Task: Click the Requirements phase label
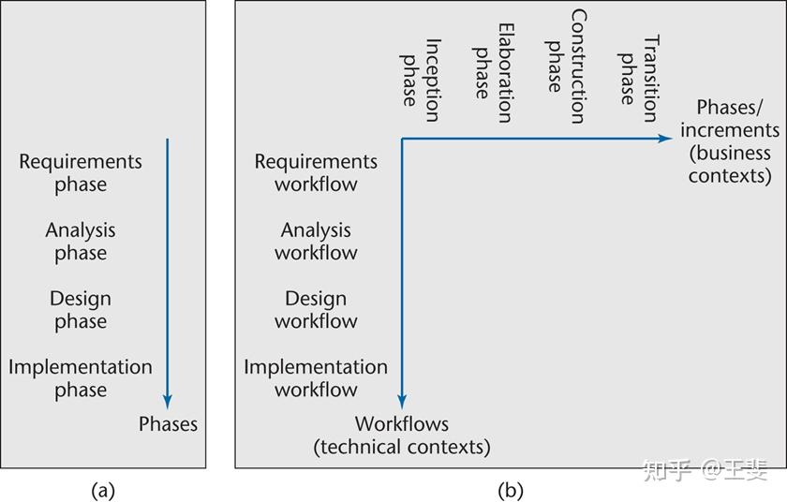click(81, 173)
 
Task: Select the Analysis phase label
click(81, 242)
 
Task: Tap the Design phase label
click(81, 310)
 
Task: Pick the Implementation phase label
click(81, 378)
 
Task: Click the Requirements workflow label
click(316, 173)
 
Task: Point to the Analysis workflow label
click(316, 242)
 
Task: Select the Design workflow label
click(316, 310)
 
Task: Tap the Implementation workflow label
click(316, 378)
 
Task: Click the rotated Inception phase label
click(421, 81)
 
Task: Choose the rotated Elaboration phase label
click(494, 73)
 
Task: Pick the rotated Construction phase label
click(566, 66)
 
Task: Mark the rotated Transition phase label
click(638, 79)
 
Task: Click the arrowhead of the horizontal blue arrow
click(666, 139)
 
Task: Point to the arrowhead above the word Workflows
click(402, 401)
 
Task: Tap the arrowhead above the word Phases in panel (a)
click(168, 401)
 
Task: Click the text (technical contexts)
click(402, 447)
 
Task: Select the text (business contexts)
click(730, 165)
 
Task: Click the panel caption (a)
click(103, 490)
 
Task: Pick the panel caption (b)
click(511, 490)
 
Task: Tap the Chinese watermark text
click(705, 470)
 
